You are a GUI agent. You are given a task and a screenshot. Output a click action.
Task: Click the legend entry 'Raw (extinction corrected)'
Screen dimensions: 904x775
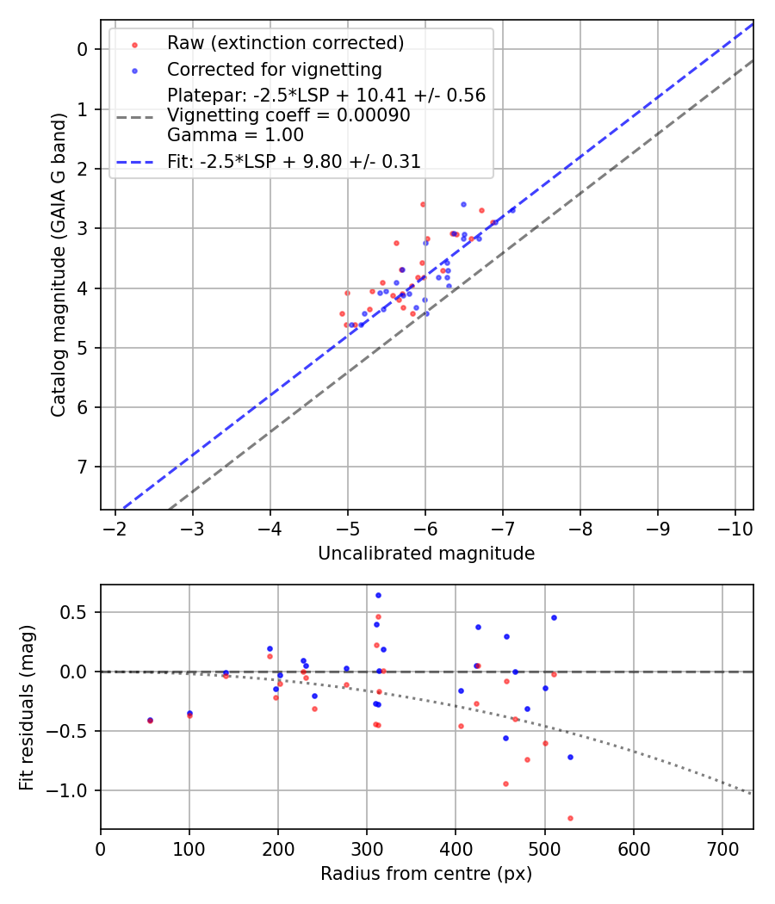(285, 43)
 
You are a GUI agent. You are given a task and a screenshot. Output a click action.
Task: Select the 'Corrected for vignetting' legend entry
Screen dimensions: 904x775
(274, 69)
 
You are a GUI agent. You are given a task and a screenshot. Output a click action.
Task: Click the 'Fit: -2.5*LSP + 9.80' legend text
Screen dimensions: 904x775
(294, 161)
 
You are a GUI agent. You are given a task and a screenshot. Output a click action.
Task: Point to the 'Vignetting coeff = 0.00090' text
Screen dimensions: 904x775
(288, 115)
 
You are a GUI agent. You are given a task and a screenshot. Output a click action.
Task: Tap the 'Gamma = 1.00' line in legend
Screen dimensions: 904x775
(235, 135)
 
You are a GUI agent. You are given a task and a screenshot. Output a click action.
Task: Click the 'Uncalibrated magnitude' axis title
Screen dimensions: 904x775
(426, 554)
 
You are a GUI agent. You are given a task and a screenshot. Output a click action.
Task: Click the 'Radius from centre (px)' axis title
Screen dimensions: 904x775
(426, 874)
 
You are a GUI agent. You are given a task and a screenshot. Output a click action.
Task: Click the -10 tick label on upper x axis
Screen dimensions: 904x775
(735, 528)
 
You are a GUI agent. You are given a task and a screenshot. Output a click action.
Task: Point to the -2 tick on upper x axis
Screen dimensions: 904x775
(115, 528)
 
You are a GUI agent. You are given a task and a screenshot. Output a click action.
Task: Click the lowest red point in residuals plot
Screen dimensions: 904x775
(570, 818)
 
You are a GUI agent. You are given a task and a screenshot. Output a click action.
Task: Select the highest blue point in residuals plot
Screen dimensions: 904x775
(378, 595)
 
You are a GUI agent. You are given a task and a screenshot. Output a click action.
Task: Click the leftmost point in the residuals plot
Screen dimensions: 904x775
(150, 720)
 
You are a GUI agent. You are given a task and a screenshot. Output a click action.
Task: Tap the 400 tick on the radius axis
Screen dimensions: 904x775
(456, 846)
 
